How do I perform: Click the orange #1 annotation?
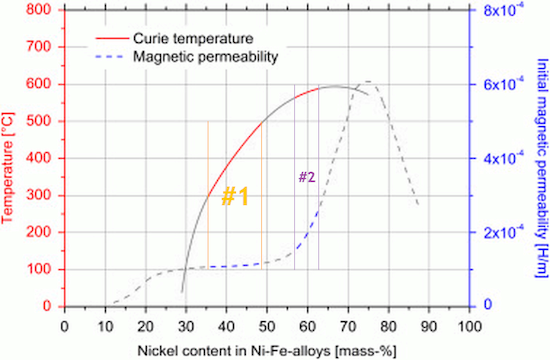tap(234, 197)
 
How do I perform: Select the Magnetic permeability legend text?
tap(203, 58)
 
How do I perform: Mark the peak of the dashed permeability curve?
tap(368, 82)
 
